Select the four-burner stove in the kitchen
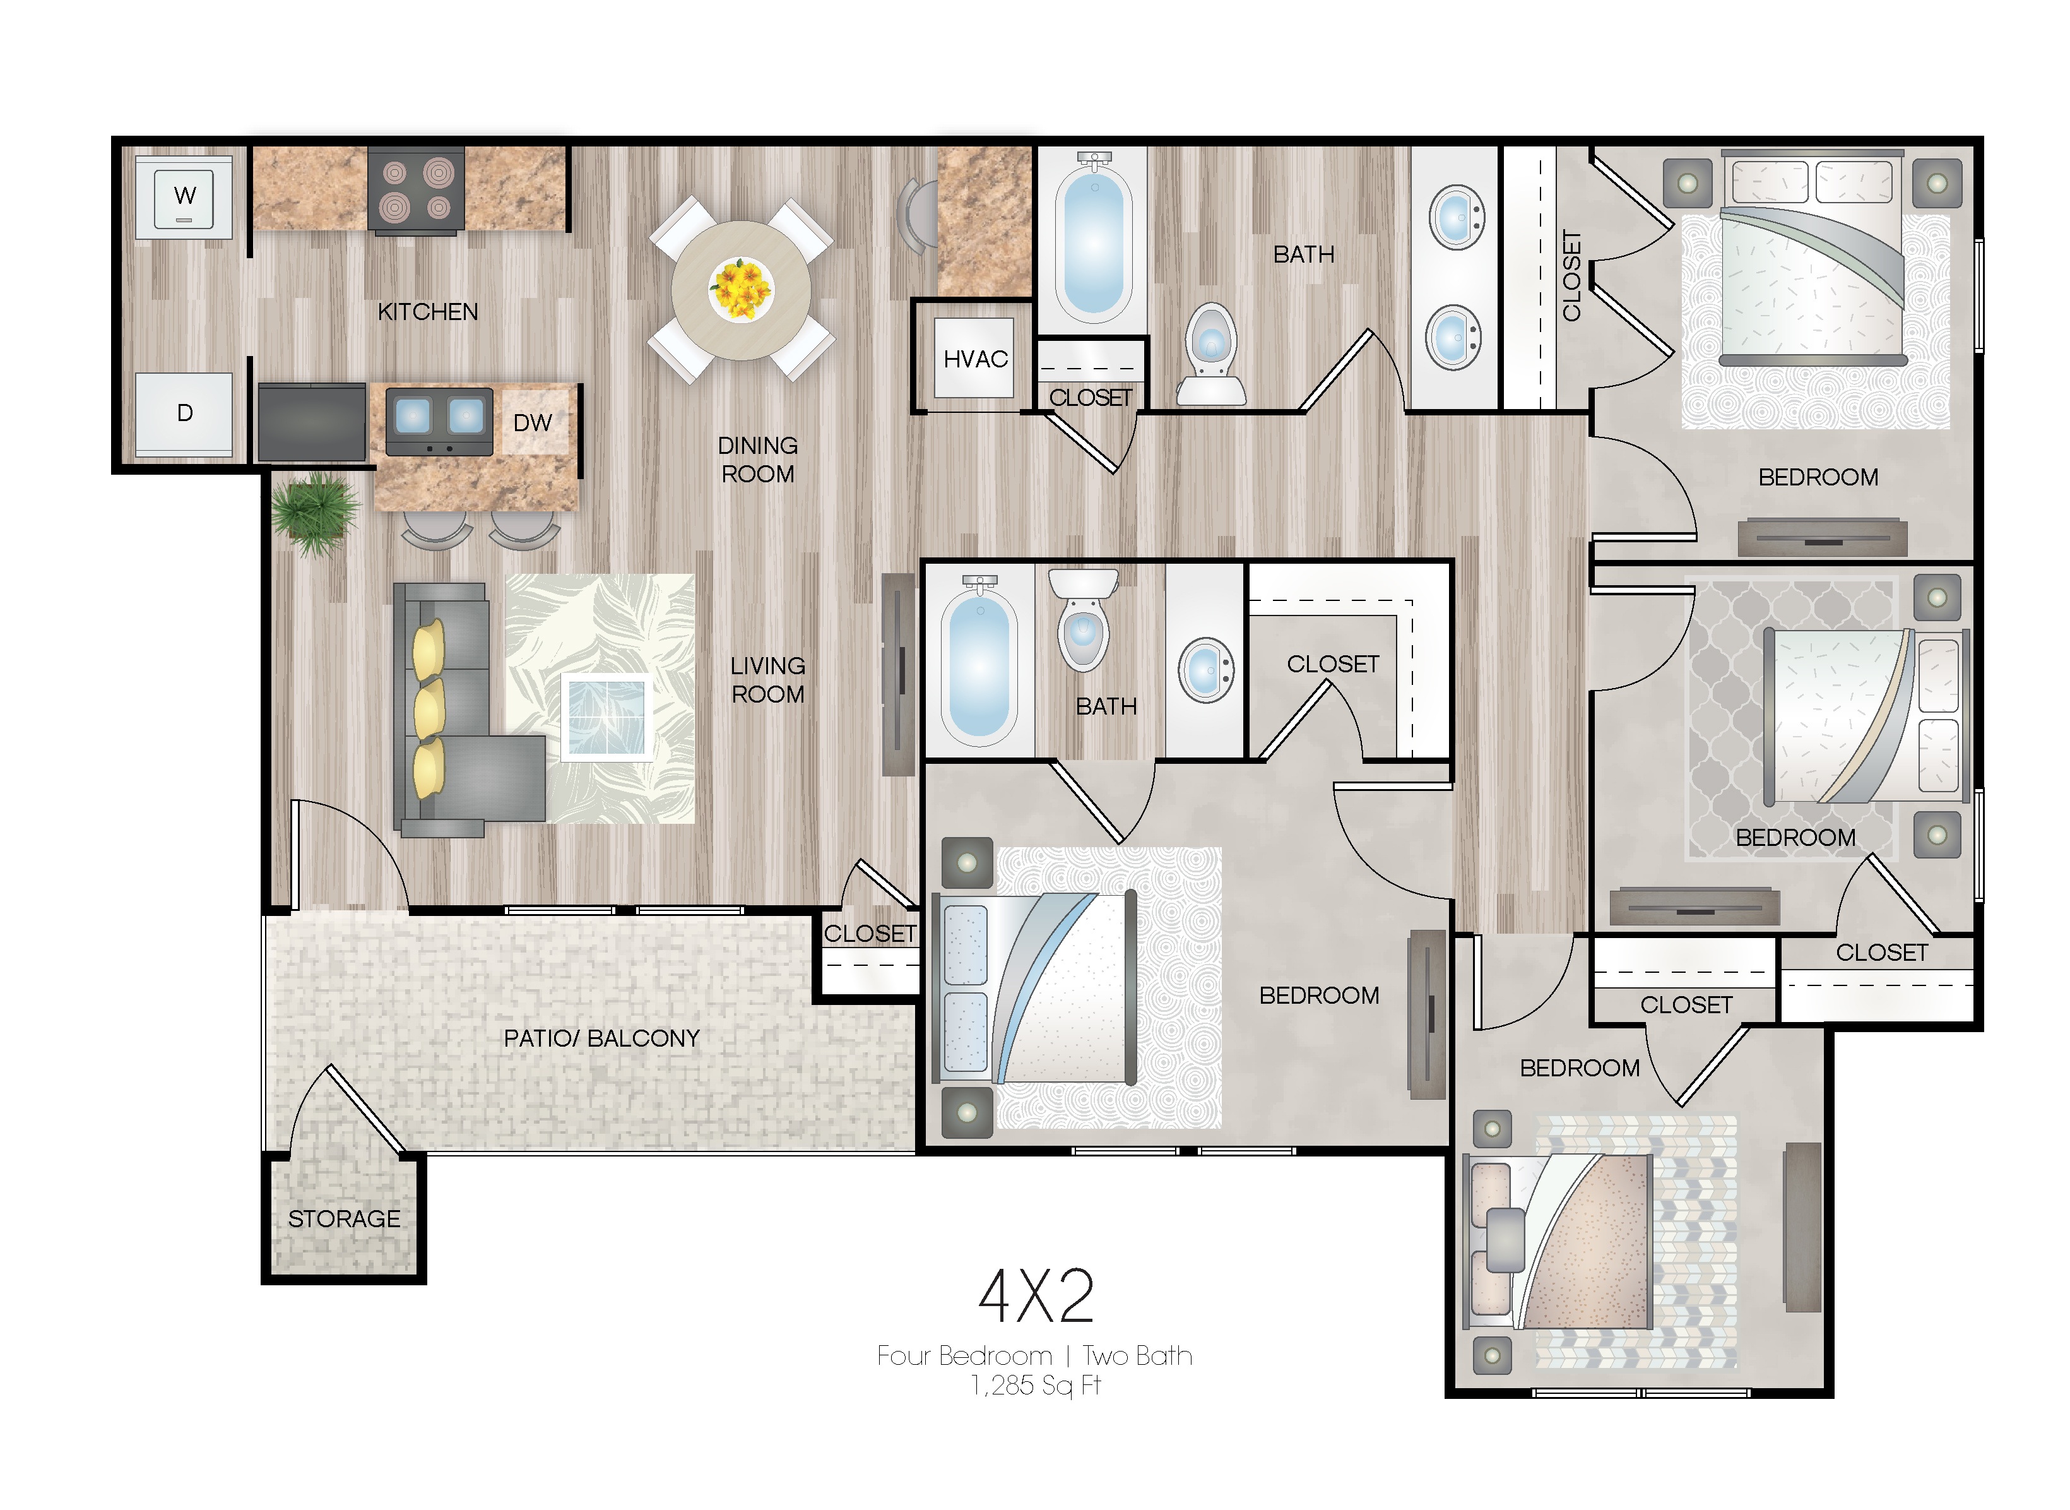pyautogui.click(x=416, y=190)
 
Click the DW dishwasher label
pyautogui.click(x=533, y=423)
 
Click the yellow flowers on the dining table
pyautogui.click(x=741, y=287)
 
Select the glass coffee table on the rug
pyautogui.click(x=607, y=718)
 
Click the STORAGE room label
pyautogui.click(x=345, y=1220)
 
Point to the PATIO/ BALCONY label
pyautogui.click(x=601, y=1038)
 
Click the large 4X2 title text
pyautogui.click(x=1036, y=1296)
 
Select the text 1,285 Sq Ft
pyautogui.click(x=1036, y=1386)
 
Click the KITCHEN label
pyautogui.click(x=428, y=312)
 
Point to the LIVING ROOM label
pyautogui.click(x=767, y=680)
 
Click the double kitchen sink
pyautogui.click(x=440, y=422)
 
